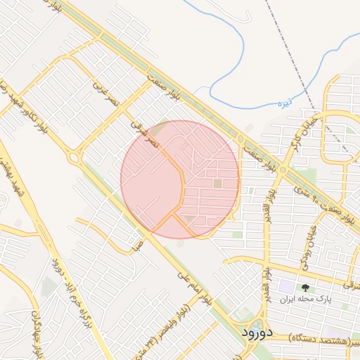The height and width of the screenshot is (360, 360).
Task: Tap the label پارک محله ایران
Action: [x=304, y=299]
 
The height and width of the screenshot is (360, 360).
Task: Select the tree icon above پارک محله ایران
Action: [x=305, y=287]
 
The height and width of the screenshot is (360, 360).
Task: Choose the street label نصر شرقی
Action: [x=145, y=132]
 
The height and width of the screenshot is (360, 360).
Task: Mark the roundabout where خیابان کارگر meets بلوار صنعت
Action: [x=284, y=169]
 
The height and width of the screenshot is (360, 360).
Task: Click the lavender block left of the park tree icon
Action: [x=286, y=287]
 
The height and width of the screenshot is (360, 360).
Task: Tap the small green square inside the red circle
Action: [x=217, y=184]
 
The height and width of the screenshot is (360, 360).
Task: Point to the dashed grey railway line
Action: [x=295, y=70]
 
